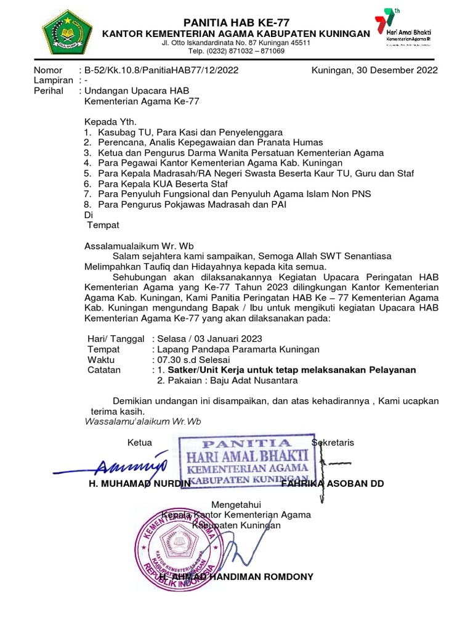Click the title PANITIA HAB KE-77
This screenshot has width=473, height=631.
(x=236, y=22)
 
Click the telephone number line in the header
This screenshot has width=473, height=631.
(x=236, y=52)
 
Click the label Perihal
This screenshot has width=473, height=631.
(x=47, y=91)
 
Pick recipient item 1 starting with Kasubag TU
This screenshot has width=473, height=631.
(x=184, y=132)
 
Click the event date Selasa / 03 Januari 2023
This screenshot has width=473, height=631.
(x=209, y=338)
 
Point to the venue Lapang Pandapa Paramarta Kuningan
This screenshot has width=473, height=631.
(x=238, y=349)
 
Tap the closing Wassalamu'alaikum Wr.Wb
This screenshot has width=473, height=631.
(x=142, y=421)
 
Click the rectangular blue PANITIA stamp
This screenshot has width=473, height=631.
(x=246, y=459)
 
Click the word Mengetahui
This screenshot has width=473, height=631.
(x=236, y=504)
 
